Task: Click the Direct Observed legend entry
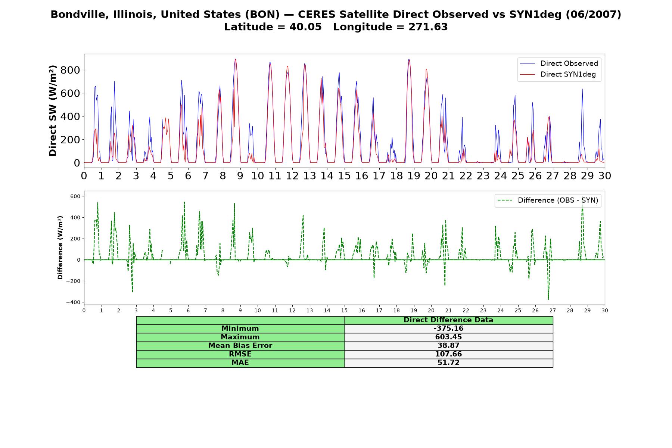[559, 63]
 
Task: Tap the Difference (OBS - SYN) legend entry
[548, 200]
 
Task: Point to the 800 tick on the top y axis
[71, 70]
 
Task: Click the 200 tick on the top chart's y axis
[71, 140]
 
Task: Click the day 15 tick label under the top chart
[344, 175]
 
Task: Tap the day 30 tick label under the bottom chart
[604, 310]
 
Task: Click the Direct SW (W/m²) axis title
[53, 111]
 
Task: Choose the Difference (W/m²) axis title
[60, 248]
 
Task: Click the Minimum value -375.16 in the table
[448, 329]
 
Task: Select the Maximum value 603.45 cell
[448, 337]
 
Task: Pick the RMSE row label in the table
[240, 354]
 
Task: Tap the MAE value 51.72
[448, 363]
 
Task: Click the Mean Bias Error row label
[240, 346]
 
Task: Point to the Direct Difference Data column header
[448, 320]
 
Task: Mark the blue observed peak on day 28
[582, 89]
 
